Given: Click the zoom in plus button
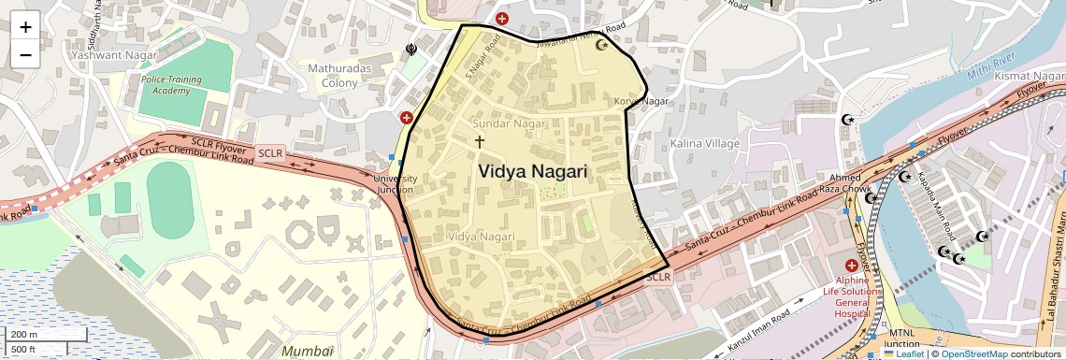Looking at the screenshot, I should click(25, 26).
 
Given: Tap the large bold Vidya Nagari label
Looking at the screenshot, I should click(532, 172).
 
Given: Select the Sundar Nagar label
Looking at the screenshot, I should click(509, 123).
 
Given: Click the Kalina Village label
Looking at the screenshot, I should click(704, 143).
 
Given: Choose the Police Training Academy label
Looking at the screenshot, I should click(171, 85).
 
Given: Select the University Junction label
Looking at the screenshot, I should click(395, 183).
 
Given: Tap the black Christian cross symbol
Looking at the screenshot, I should click(480, 142).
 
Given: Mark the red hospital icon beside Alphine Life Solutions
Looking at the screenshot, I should click(851, 267).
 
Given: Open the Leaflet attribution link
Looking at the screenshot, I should click(904, 353).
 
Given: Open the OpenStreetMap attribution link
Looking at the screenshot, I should click(973, 353).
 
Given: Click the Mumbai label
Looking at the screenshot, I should click(308, 351).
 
